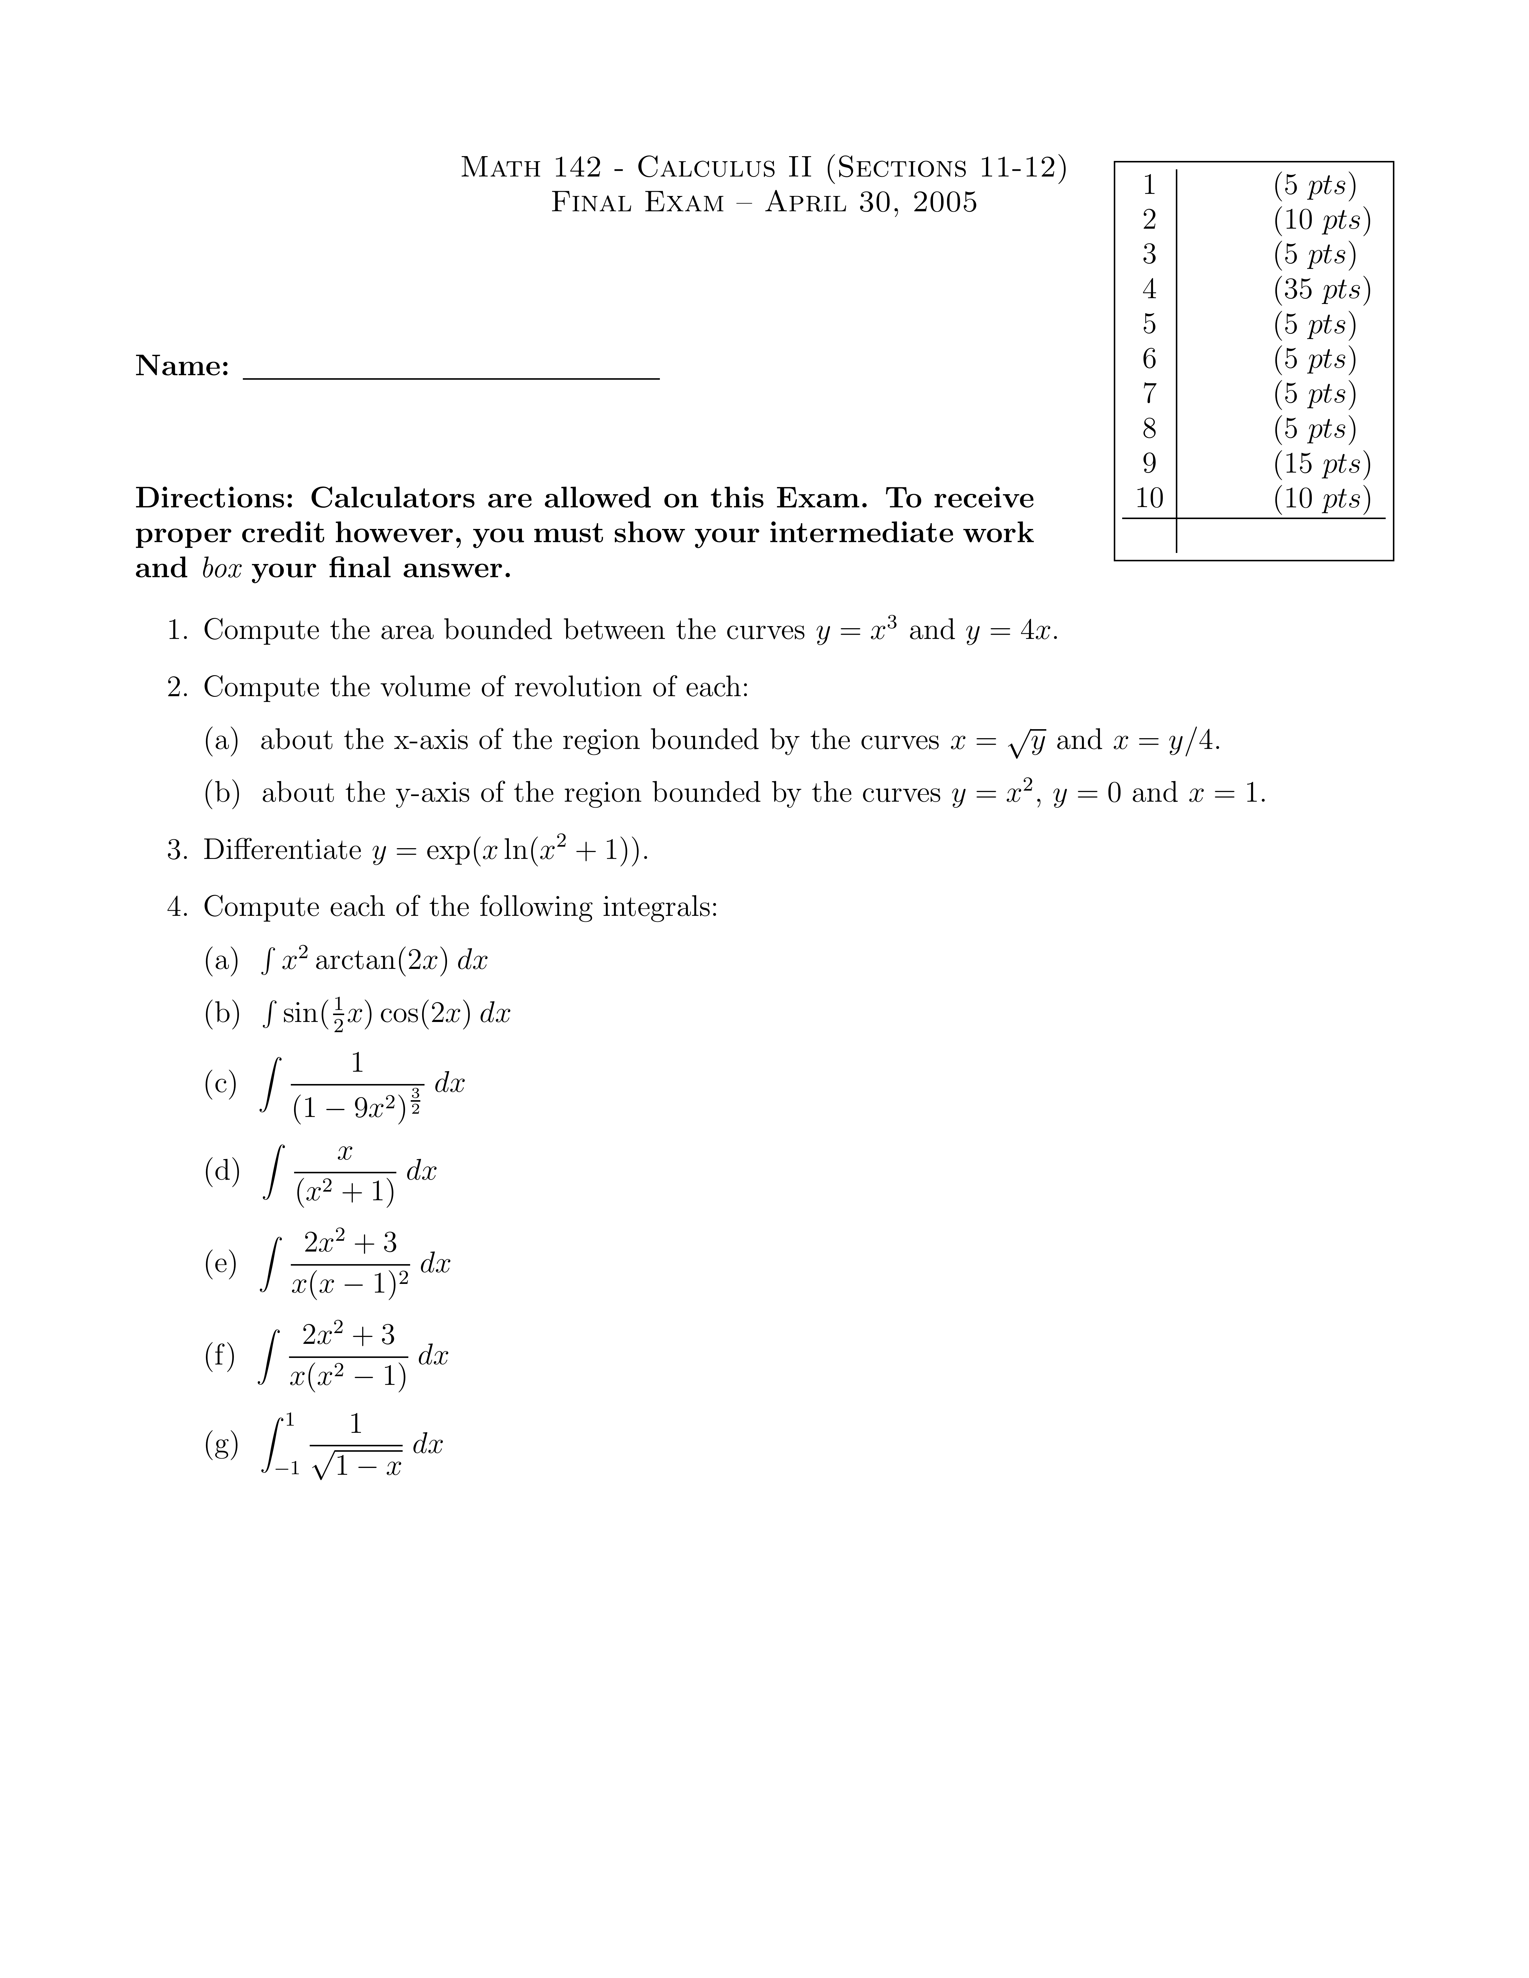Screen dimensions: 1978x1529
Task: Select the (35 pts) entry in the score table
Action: click(x=1322, y=290)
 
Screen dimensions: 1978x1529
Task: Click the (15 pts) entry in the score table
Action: click(x=1322, y=464)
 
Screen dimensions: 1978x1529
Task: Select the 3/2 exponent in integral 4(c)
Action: click(x=415, y=1099)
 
